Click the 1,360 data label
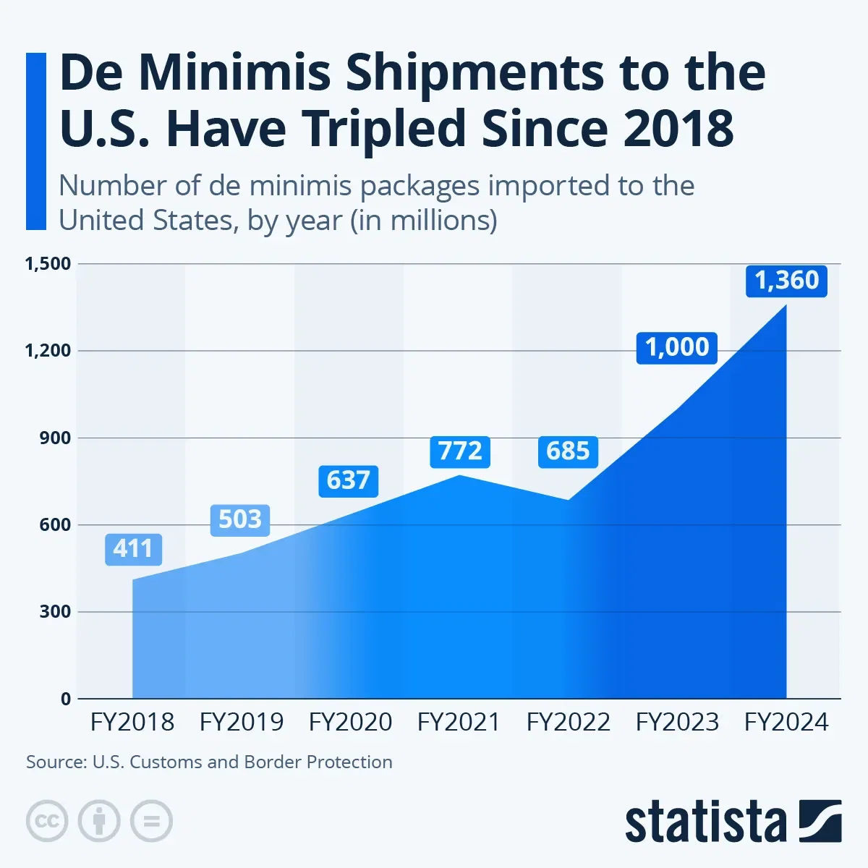point(786,280)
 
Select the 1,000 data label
point(677,347)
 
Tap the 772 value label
point(460,451)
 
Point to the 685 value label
point(568,451)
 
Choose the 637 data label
point(348,480)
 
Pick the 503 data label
point(239,519)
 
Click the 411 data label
point(133,549)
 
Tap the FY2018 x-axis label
point(132,722)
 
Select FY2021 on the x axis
point(459,722)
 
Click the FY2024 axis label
point(786,722)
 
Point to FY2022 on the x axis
point(569,722)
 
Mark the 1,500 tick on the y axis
point(48,264)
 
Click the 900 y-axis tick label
point(55,438)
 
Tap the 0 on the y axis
point(66,699)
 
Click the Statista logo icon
point(820,821)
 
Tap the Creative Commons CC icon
point(47,821)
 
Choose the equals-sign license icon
point(151,821)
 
